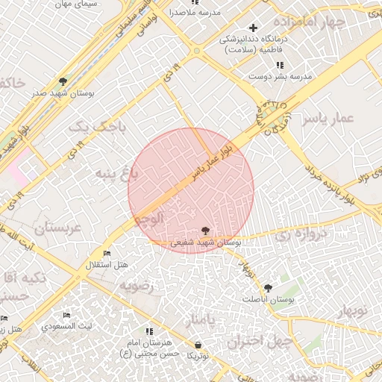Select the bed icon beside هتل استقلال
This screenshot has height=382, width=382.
(106, 254)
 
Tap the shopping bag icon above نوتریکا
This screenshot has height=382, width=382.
(198, 345)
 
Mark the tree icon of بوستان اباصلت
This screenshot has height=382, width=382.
(269, 287)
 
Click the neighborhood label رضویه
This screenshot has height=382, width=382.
(142, 285)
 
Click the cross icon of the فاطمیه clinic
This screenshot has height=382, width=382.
(254, 28)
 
